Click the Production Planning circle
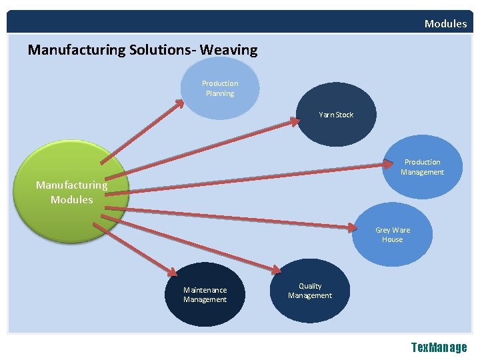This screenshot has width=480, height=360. coord(220,89)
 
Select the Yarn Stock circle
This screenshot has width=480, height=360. coord(336,115)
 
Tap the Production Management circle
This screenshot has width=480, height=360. coord(422,167)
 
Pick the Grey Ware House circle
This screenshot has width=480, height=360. coord(393,235)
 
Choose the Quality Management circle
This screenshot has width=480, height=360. coord(310,291)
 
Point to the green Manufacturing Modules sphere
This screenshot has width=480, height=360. coord(72,192)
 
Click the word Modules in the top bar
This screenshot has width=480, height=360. coord(445,24)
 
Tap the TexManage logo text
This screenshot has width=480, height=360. coord(439,347)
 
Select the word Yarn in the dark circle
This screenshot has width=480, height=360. coord(326,115)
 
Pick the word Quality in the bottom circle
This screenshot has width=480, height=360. coord(310,286)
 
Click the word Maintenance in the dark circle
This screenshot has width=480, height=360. coord(205,290)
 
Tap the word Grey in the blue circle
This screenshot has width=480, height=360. coord(383,231)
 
